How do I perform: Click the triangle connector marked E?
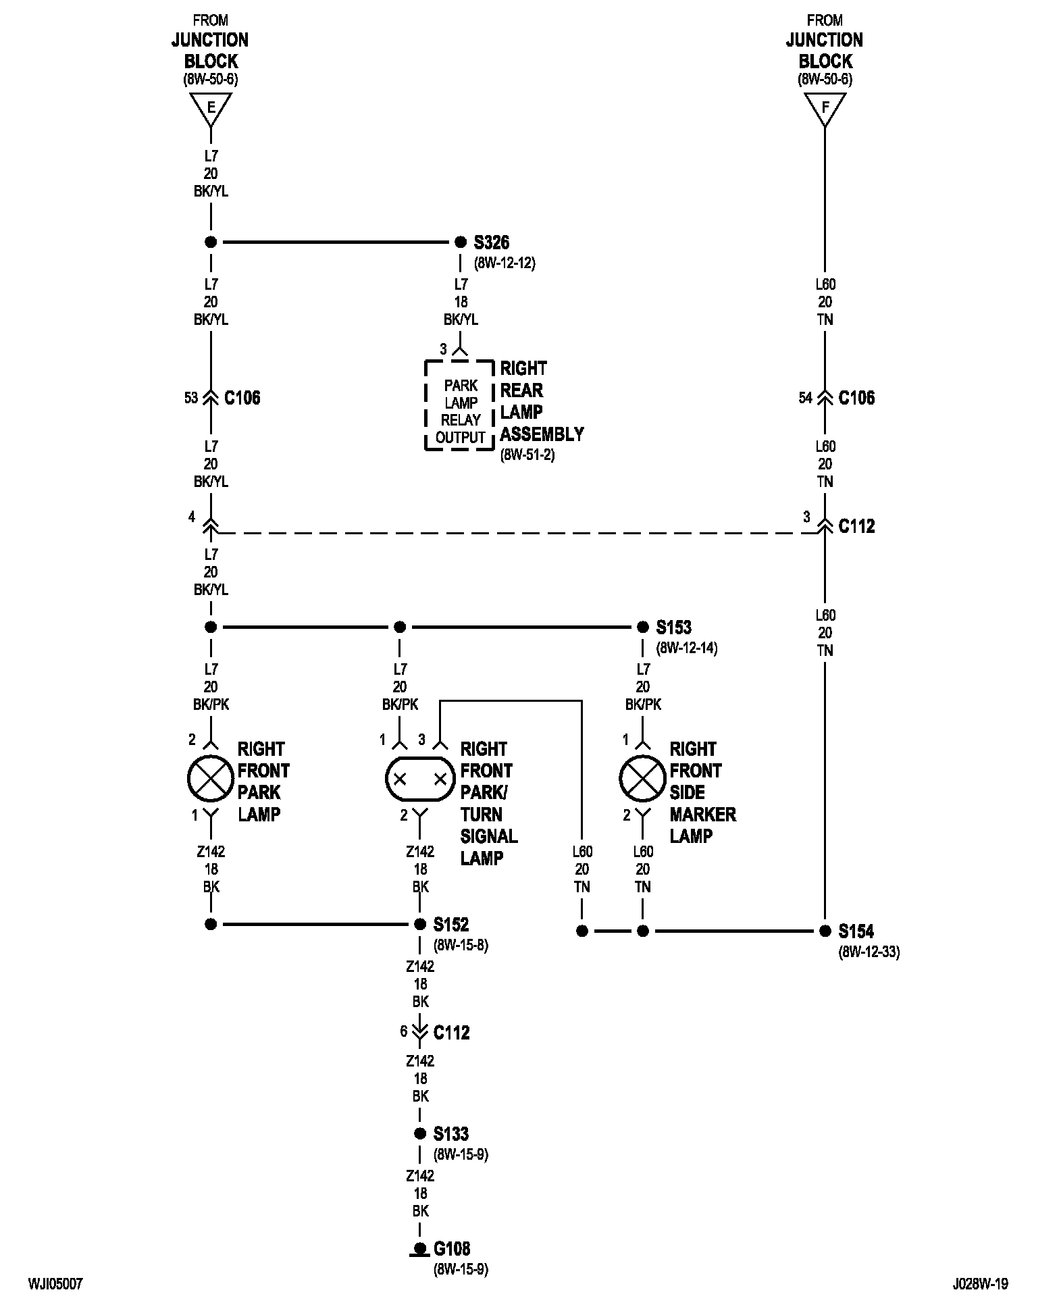[x=211, y=109]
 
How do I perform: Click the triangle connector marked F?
[x=825, y=109]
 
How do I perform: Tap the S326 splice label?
[x=492, y=242]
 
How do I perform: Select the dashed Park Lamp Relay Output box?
[x=460, y=405]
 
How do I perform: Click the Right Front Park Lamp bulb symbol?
[x=211, y=779]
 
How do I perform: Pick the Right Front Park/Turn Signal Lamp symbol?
[x=419, y=779]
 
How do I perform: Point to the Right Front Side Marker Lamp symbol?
[x=643, y=779]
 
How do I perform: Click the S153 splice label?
[x=674, y=627]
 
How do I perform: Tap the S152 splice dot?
[x=419, y=924]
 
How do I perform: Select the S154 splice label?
[x=856, y=931]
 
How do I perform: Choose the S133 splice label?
[x=451, y=1134]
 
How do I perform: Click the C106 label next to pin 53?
[x=242, y=398]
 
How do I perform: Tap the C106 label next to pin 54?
[x=856, y=398]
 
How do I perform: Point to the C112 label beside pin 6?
[x=451, y=1033]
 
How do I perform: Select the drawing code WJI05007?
[x=55, y=1284]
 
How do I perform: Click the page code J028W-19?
[x=981, y=1284]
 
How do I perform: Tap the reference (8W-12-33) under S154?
[x=869, y=952]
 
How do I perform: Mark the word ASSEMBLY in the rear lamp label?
[x=542, y=434]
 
